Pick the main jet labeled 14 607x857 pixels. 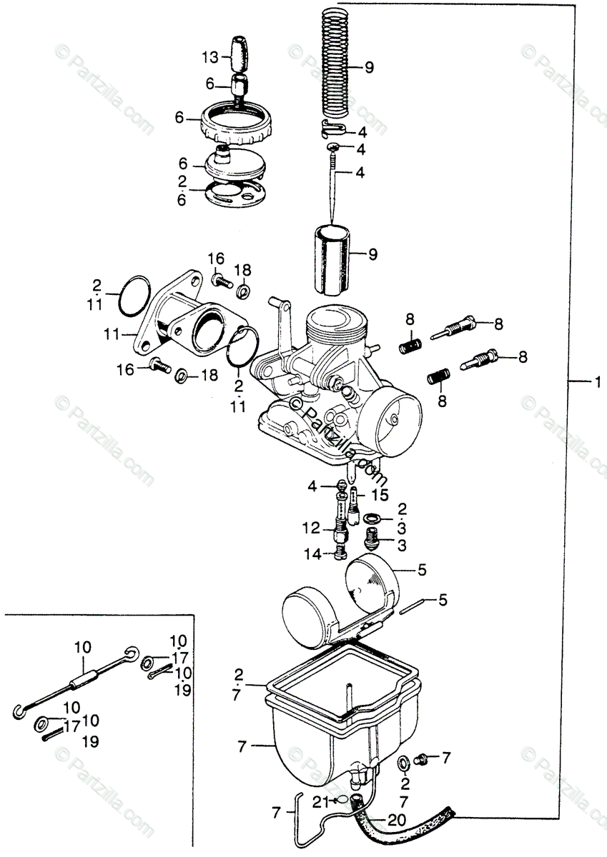[339, 553]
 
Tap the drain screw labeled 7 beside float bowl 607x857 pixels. [424, 756]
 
